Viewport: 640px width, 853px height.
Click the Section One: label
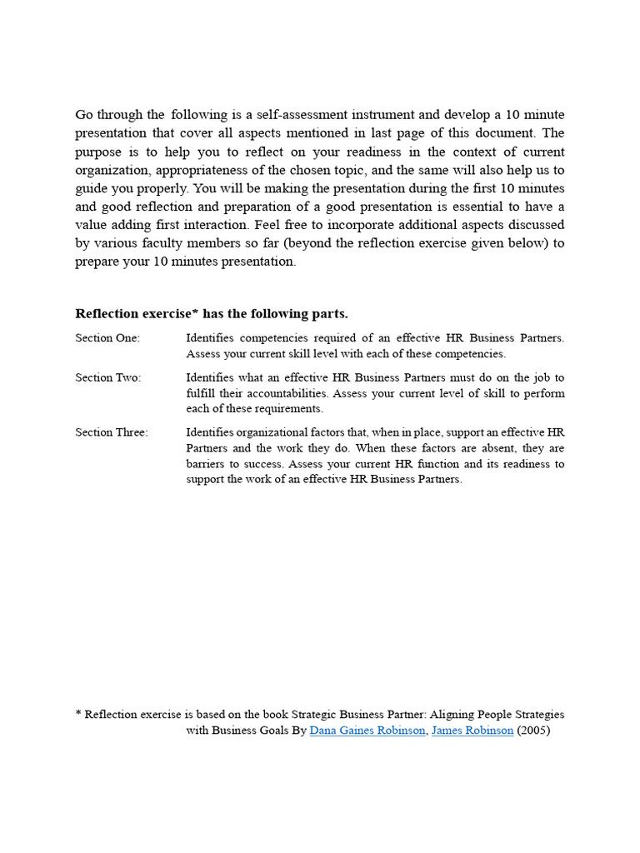107,338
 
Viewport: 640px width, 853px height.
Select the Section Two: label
108,377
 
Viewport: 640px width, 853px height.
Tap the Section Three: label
112,432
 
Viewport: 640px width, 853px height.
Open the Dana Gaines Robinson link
367,731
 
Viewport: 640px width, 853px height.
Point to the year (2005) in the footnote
534,731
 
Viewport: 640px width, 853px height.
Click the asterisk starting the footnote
78,714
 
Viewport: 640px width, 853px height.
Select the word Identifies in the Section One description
210,338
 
